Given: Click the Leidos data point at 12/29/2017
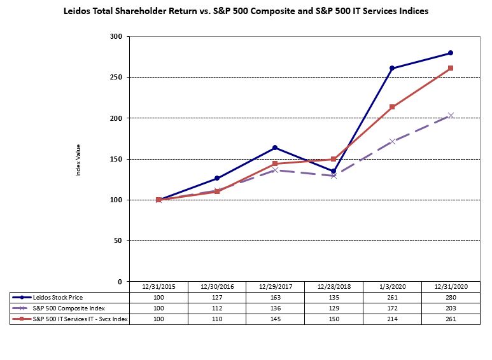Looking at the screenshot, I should (275, 148).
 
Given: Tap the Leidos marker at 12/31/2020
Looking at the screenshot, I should (451, 53).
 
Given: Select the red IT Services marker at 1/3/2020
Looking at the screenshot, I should (392, 107).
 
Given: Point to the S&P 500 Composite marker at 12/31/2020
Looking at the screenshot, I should (451, 115).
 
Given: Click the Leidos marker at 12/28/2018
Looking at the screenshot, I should (334, 171).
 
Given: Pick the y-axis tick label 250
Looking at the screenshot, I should (116, 78).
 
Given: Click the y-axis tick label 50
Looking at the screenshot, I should (118, 241).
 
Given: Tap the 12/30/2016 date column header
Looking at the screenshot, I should (217, 287).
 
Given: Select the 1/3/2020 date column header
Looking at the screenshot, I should (392, 287).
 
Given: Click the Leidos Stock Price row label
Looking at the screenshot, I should (59, 297).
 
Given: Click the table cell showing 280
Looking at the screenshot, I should (451, 297).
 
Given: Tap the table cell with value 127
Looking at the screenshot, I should (217, 297).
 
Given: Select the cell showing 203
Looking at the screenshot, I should (451, 308).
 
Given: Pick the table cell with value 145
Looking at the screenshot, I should (275, 319).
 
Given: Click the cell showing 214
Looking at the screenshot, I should (392, 319).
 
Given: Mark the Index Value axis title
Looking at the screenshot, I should (79, 159).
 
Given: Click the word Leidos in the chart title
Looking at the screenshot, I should (78, 11).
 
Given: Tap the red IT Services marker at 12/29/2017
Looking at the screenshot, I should (275, 163).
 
